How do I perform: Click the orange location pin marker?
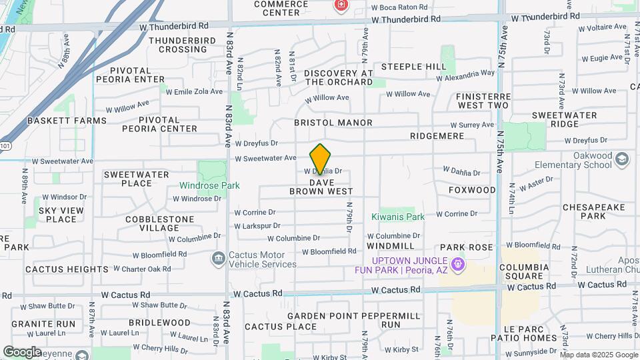321,159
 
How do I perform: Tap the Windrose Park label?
209,185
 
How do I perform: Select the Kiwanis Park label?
398,217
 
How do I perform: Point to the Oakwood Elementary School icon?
621,159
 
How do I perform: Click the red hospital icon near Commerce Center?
341,5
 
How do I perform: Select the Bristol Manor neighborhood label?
333,123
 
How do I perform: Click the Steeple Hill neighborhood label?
414,67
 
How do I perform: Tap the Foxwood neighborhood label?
472,190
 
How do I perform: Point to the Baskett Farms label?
67,121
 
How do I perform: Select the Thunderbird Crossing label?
178,45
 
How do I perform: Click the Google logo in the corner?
23,351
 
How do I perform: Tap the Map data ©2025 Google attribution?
599,355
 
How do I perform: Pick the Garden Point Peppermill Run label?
353,320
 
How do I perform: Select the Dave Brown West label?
321,186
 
